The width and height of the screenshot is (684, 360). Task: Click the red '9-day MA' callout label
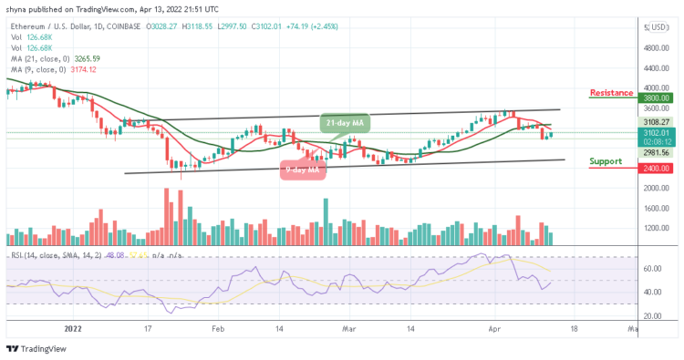click(302, 169)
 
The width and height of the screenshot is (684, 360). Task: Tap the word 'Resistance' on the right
click(612, 93)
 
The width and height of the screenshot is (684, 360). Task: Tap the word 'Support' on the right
click(606, 161)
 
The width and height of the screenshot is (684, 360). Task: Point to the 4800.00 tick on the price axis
click(658, 48)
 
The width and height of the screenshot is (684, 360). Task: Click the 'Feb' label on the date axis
click(218, 325)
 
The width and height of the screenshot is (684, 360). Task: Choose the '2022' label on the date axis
click(76, 325)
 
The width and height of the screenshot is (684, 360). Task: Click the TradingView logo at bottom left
click(38, 348)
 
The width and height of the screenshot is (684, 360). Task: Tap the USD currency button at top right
click(657, 27)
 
